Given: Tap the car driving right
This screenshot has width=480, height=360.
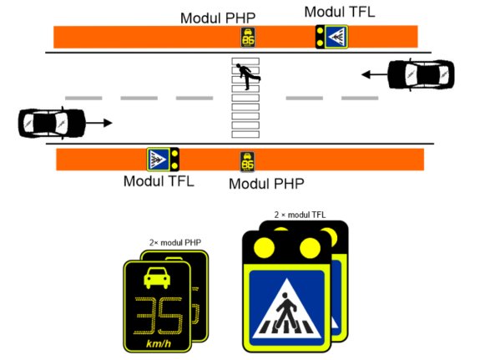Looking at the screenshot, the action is tap(52, 123).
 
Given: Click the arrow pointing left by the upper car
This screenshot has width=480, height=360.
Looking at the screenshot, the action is tap(374, 74).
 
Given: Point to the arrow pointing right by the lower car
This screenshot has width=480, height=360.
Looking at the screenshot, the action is tap(99, 123).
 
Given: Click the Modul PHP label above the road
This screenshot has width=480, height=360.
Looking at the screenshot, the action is tap(218, 18).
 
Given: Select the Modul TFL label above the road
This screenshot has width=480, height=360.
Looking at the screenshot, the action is tap(340, 12).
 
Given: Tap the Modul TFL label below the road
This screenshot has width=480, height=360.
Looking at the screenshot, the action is tap(159, 181).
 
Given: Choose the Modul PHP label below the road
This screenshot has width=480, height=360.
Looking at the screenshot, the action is tap(266, 184).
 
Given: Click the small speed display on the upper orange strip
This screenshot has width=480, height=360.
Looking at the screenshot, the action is tap(248, 38).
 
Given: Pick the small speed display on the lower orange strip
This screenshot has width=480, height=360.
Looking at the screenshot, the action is tap(247, 162).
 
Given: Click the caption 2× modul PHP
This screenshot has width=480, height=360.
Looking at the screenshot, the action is tap(175, 243).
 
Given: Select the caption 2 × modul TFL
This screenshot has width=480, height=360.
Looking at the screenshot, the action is tap(300, 215).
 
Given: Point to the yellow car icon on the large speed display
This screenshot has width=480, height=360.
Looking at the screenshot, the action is tap(157, 278).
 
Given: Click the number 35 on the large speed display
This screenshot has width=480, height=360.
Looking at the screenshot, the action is tap(159, 316).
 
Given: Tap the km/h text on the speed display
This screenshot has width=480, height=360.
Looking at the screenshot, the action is tap(159, 343).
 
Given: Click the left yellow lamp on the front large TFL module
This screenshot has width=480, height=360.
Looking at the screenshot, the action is tap(264, 247).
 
